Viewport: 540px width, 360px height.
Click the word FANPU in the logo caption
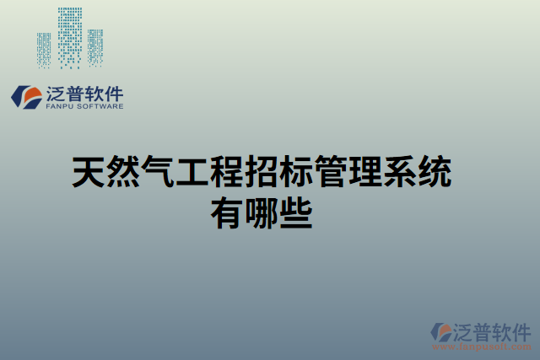click(x=58, y=107)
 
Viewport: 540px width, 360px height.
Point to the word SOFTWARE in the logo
click(x=100, y=107)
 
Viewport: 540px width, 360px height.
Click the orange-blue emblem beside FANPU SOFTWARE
click(x=25, y=96)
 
